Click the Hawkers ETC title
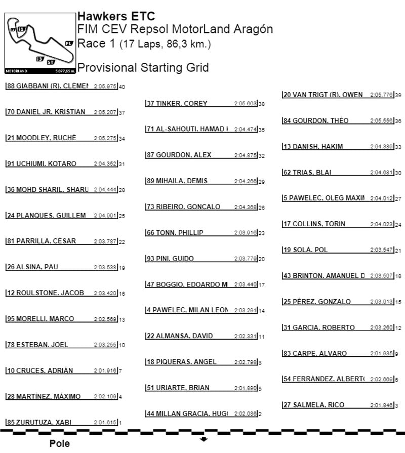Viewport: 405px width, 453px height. (116, 16)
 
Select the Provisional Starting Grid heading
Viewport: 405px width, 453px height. (143, 68)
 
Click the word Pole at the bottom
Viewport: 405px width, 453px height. (60, 444)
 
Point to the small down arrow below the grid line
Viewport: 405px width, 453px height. (204, 439)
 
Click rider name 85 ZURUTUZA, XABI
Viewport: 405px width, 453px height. (39, 422)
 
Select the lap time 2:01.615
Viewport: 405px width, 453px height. (105, 422)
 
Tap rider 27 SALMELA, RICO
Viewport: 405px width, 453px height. (314, 405)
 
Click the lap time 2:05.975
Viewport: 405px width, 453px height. (105, 87)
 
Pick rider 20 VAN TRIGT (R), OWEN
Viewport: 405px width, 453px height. (323, 95)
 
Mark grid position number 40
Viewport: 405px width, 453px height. (121, 87)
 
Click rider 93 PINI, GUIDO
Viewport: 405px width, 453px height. (170, 259)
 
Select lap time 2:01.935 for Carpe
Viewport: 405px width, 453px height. (381, 353)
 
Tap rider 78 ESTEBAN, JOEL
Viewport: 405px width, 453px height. (37, 345)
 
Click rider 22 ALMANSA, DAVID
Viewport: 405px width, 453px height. (180, 336)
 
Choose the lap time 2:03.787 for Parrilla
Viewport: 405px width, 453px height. (105, 241)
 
